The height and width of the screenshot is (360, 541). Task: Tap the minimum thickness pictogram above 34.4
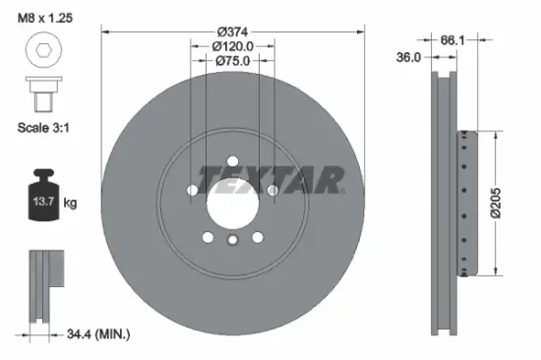click(45, 285)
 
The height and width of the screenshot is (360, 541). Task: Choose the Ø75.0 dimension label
click(232, 62)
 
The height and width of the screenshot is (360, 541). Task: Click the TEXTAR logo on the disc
click(271, 179)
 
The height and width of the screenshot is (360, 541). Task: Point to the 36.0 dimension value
click(409, 58)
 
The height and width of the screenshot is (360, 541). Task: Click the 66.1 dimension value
click(451, 40)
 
